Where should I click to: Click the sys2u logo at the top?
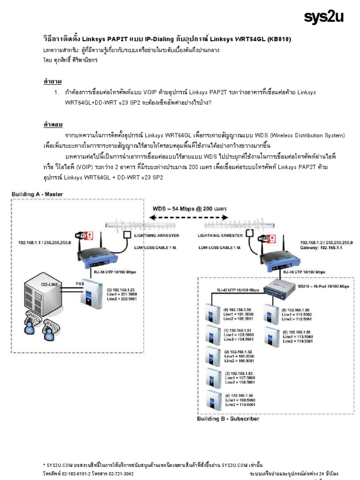[x=323, y=17]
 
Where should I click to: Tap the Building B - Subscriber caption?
[x=228, y=419]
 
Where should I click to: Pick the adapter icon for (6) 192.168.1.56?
[x=270, y=336]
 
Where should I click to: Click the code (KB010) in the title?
[x=278, y=39]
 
